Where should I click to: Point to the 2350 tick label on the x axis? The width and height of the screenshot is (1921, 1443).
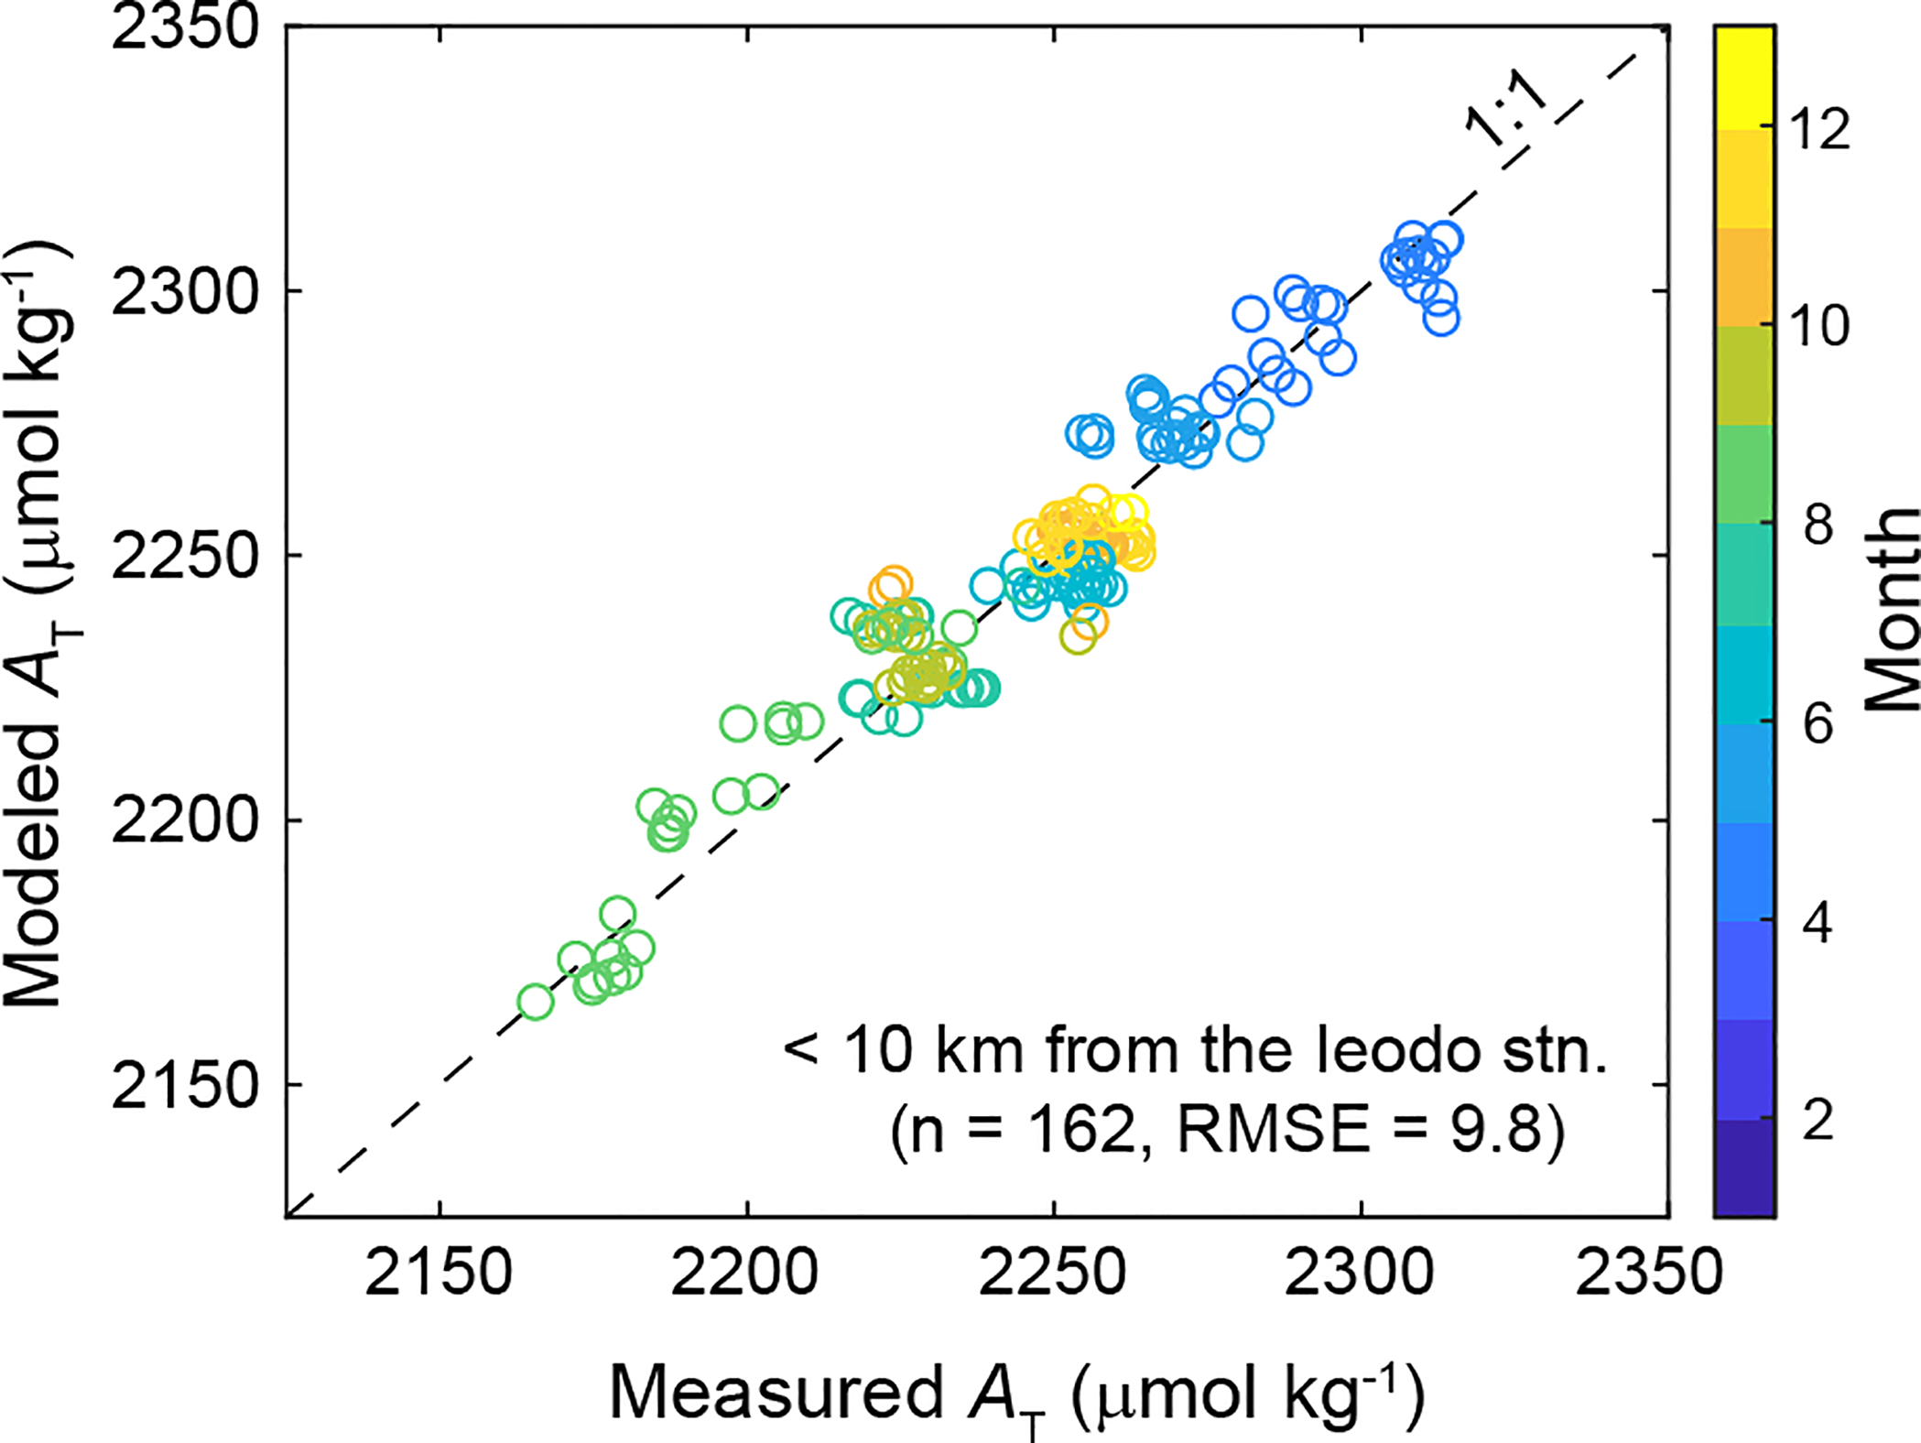(1648, 1274)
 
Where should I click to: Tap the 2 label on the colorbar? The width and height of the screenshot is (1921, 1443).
(1818, 1120)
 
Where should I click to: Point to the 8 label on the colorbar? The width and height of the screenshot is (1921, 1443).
(1818, 526)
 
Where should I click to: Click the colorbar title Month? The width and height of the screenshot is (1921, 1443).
(1892, 610)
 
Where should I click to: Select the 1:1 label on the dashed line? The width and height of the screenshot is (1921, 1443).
(1506, 114)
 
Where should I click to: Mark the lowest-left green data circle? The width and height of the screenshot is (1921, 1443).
(536, 1003)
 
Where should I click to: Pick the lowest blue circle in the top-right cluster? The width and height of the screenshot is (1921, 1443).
(1441, 320)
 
